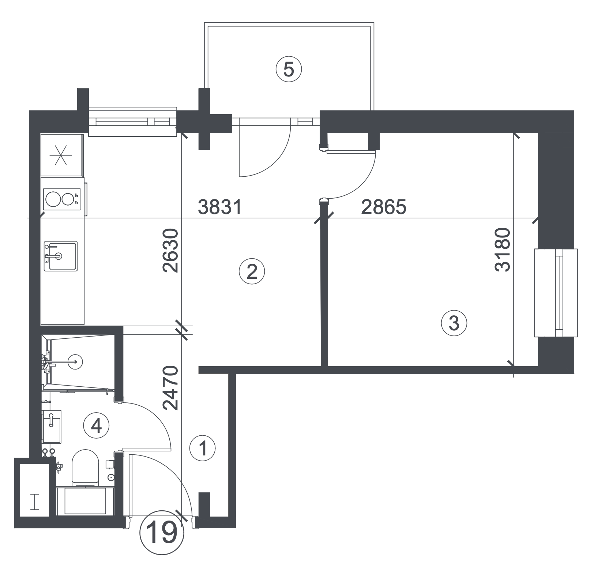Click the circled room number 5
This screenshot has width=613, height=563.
289,70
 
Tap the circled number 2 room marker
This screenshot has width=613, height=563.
251,271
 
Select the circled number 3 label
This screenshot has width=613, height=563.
454,323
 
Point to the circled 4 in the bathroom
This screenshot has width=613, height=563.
96,425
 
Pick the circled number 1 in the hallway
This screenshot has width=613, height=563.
203,448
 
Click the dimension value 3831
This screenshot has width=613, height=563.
220,207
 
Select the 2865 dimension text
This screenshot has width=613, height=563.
384,207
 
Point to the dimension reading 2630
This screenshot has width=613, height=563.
170,251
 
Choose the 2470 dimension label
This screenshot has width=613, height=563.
170,388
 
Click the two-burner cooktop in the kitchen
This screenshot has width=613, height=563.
62,199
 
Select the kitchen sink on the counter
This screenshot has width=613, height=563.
60,256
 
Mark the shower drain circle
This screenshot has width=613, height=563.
75,361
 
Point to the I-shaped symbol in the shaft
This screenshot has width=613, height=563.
35,502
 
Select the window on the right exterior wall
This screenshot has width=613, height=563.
556,293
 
